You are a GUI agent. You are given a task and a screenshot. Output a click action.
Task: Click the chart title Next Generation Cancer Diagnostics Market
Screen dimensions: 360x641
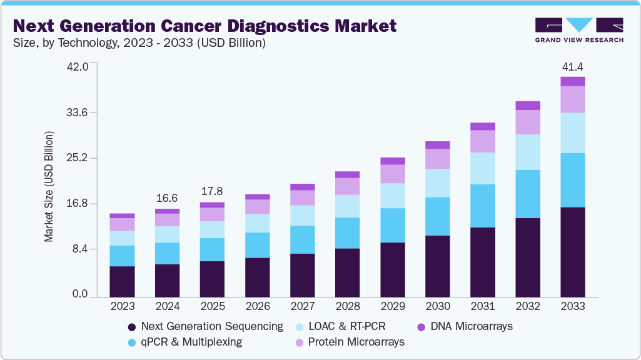204,26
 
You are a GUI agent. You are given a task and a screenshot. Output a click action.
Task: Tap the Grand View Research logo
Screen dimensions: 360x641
578,29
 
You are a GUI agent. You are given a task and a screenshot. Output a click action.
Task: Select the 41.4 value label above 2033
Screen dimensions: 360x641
572,66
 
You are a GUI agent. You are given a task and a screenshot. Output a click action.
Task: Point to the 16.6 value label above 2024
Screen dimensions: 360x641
167,197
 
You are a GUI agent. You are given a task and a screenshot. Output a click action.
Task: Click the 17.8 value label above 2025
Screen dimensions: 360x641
212,191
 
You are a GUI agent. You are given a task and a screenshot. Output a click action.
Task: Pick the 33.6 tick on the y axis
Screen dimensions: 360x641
79,112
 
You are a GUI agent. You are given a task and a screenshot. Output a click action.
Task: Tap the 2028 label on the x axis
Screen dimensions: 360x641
347,307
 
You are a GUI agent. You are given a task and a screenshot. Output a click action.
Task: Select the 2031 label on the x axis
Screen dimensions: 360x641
482,307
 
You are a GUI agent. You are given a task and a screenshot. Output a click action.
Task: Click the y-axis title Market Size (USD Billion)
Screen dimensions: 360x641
49,187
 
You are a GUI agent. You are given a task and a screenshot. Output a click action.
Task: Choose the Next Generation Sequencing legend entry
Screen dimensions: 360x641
204,326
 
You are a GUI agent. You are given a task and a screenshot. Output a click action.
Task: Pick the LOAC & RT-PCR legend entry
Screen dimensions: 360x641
344,326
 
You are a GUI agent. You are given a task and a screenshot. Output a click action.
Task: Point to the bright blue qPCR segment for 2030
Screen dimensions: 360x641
437,216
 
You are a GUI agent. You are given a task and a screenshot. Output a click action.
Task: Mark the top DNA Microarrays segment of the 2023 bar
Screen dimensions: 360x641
122,216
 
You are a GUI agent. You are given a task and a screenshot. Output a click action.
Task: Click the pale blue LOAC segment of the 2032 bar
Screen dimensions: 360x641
527,152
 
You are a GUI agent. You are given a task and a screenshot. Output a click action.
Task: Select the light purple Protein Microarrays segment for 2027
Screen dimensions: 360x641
302,197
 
